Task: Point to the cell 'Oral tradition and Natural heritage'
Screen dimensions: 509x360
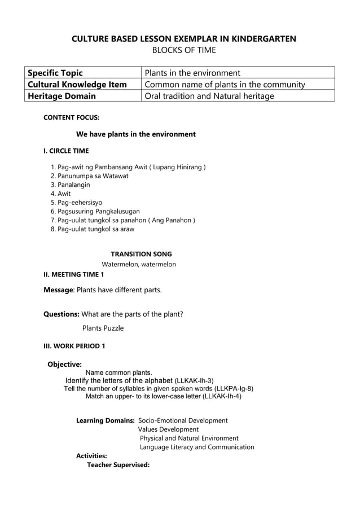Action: [209, 96]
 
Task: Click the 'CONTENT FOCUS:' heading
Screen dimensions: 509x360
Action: [72, 118]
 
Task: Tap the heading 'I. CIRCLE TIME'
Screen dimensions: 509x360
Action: [66, 151]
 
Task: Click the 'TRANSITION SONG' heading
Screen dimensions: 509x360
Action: [141, 254]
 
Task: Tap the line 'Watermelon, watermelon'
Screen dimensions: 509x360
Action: [139, 264]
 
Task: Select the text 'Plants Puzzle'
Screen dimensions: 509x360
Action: [103, 328]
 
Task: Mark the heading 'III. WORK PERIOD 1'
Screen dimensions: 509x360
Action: [74, 345]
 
